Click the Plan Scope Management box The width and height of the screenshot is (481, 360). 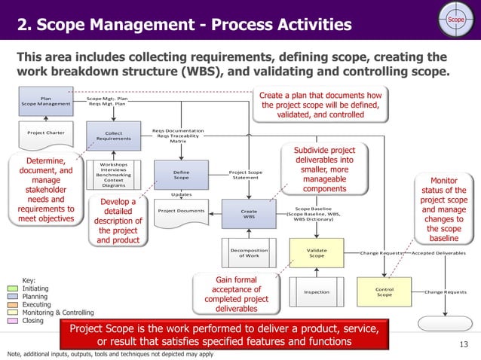tap(46, 100)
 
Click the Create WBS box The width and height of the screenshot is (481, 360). tap(249, 215)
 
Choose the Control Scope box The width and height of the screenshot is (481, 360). tap(384, 291)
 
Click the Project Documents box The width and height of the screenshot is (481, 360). tap(181, 211)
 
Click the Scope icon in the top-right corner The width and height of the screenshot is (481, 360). tap(455, 18)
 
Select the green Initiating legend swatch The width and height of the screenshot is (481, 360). tap(14, 288)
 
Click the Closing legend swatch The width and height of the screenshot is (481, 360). tap(14, 321)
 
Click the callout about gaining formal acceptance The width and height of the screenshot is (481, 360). tap(236, 294)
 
